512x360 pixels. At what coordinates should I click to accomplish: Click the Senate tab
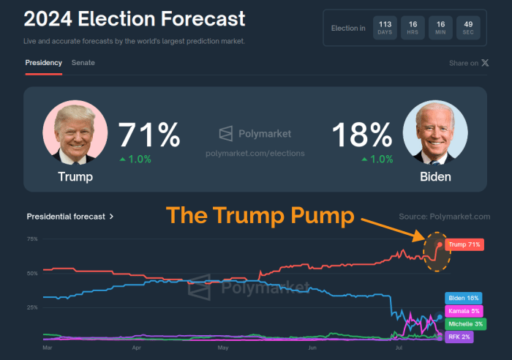83,63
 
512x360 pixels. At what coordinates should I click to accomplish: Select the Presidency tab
43,63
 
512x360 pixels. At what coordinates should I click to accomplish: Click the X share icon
485,63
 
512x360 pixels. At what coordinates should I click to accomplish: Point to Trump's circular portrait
75,134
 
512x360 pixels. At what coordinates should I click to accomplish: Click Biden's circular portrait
435,132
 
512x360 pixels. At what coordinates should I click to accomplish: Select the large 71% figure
149,135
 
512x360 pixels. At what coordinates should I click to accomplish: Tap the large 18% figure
362,135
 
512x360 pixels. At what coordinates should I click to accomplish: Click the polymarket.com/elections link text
255,153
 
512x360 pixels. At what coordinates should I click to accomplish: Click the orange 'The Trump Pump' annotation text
260,216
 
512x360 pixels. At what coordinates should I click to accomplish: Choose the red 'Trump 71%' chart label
464,244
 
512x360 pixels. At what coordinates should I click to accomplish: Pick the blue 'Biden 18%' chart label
463,298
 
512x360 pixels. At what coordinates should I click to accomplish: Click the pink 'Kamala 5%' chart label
464,311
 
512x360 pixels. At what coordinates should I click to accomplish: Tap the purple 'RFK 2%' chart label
459,337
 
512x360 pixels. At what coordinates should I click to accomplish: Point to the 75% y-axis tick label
32,239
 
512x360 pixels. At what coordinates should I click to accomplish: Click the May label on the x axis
224,349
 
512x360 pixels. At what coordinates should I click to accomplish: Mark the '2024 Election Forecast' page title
135,19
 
